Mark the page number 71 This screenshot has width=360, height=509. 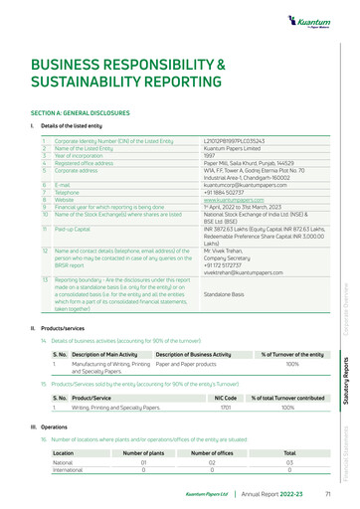[327, 493]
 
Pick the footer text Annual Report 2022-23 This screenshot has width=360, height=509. [273, 493]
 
